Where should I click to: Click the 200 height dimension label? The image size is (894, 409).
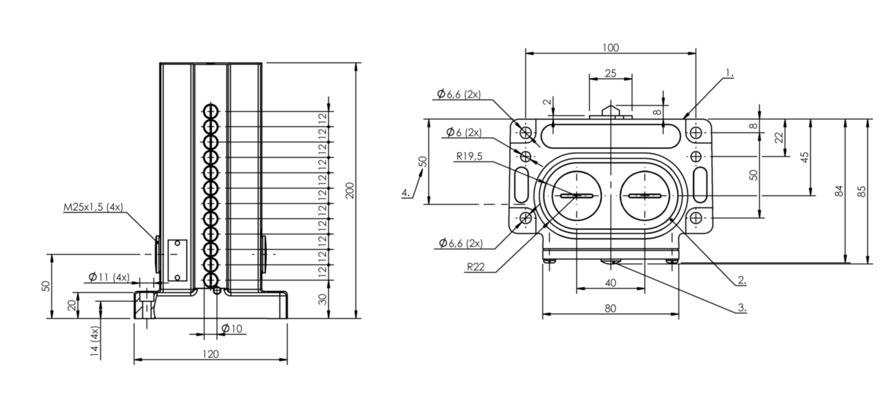(350, 191)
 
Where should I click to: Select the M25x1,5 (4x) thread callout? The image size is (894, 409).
(93, 207)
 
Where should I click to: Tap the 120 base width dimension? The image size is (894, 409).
(211, 354)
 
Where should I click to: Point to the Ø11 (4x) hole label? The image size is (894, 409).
(109, 277)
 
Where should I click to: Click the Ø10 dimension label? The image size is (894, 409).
(232, 329)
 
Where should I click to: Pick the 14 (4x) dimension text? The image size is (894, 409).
(94, 341)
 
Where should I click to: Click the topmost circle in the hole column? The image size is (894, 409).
(211, 111)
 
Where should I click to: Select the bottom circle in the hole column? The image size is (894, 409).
(211, 280)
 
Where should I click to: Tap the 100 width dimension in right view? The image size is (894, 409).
(611, 48)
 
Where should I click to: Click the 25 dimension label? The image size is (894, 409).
(611, 73)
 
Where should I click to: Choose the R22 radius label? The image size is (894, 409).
(476, 267)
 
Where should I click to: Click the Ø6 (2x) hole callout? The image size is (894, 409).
(464, 132)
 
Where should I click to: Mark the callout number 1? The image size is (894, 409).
(729, 73)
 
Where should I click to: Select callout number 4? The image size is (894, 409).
(406, 193)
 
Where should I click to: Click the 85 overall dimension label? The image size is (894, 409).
(862, 191)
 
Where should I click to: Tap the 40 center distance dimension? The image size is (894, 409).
(611, 283)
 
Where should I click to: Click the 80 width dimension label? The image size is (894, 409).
(611, 309)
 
